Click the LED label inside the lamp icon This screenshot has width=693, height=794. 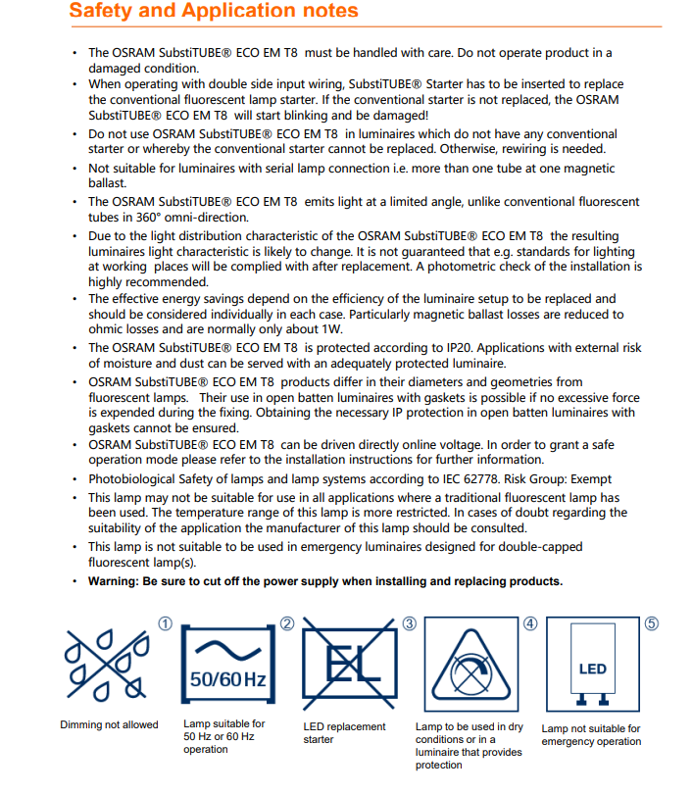coord(593,670)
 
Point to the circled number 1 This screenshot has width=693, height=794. coord(166,622)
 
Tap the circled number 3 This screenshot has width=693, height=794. coord(409,622)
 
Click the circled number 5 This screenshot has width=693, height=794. coord(652,622)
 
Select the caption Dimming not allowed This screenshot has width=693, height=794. coord(109,725)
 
